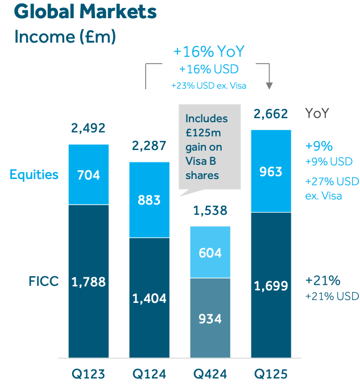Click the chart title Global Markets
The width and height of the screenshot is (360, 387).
point(85,12)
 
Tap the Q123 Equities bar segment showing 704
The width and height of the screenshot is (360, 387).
point(88,174)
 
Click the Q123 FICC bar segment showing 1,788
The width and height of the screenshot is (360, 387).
point(88,281)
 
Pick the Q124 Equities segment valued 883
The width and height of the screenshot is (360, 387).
point(149,200)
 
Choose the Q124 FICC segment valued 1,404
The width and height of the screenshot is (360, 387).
point(149,298)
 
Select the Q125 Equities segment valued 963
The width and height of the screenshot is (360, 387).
point(271,171)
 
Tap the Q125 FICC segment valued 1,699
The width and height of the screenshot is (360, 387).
point(271,285)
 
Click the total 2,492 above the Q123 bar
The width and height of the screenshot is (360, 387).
point(88,128)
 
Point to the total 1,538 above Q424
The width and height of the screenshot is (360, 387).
point(210,211)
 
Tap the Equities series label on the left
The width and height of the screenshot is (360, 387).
point(34,174)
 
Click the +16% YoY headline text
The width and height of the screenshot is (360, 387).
point(209,52)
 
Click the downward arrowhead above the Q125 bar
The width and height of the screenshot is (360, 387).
point(270,85)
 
